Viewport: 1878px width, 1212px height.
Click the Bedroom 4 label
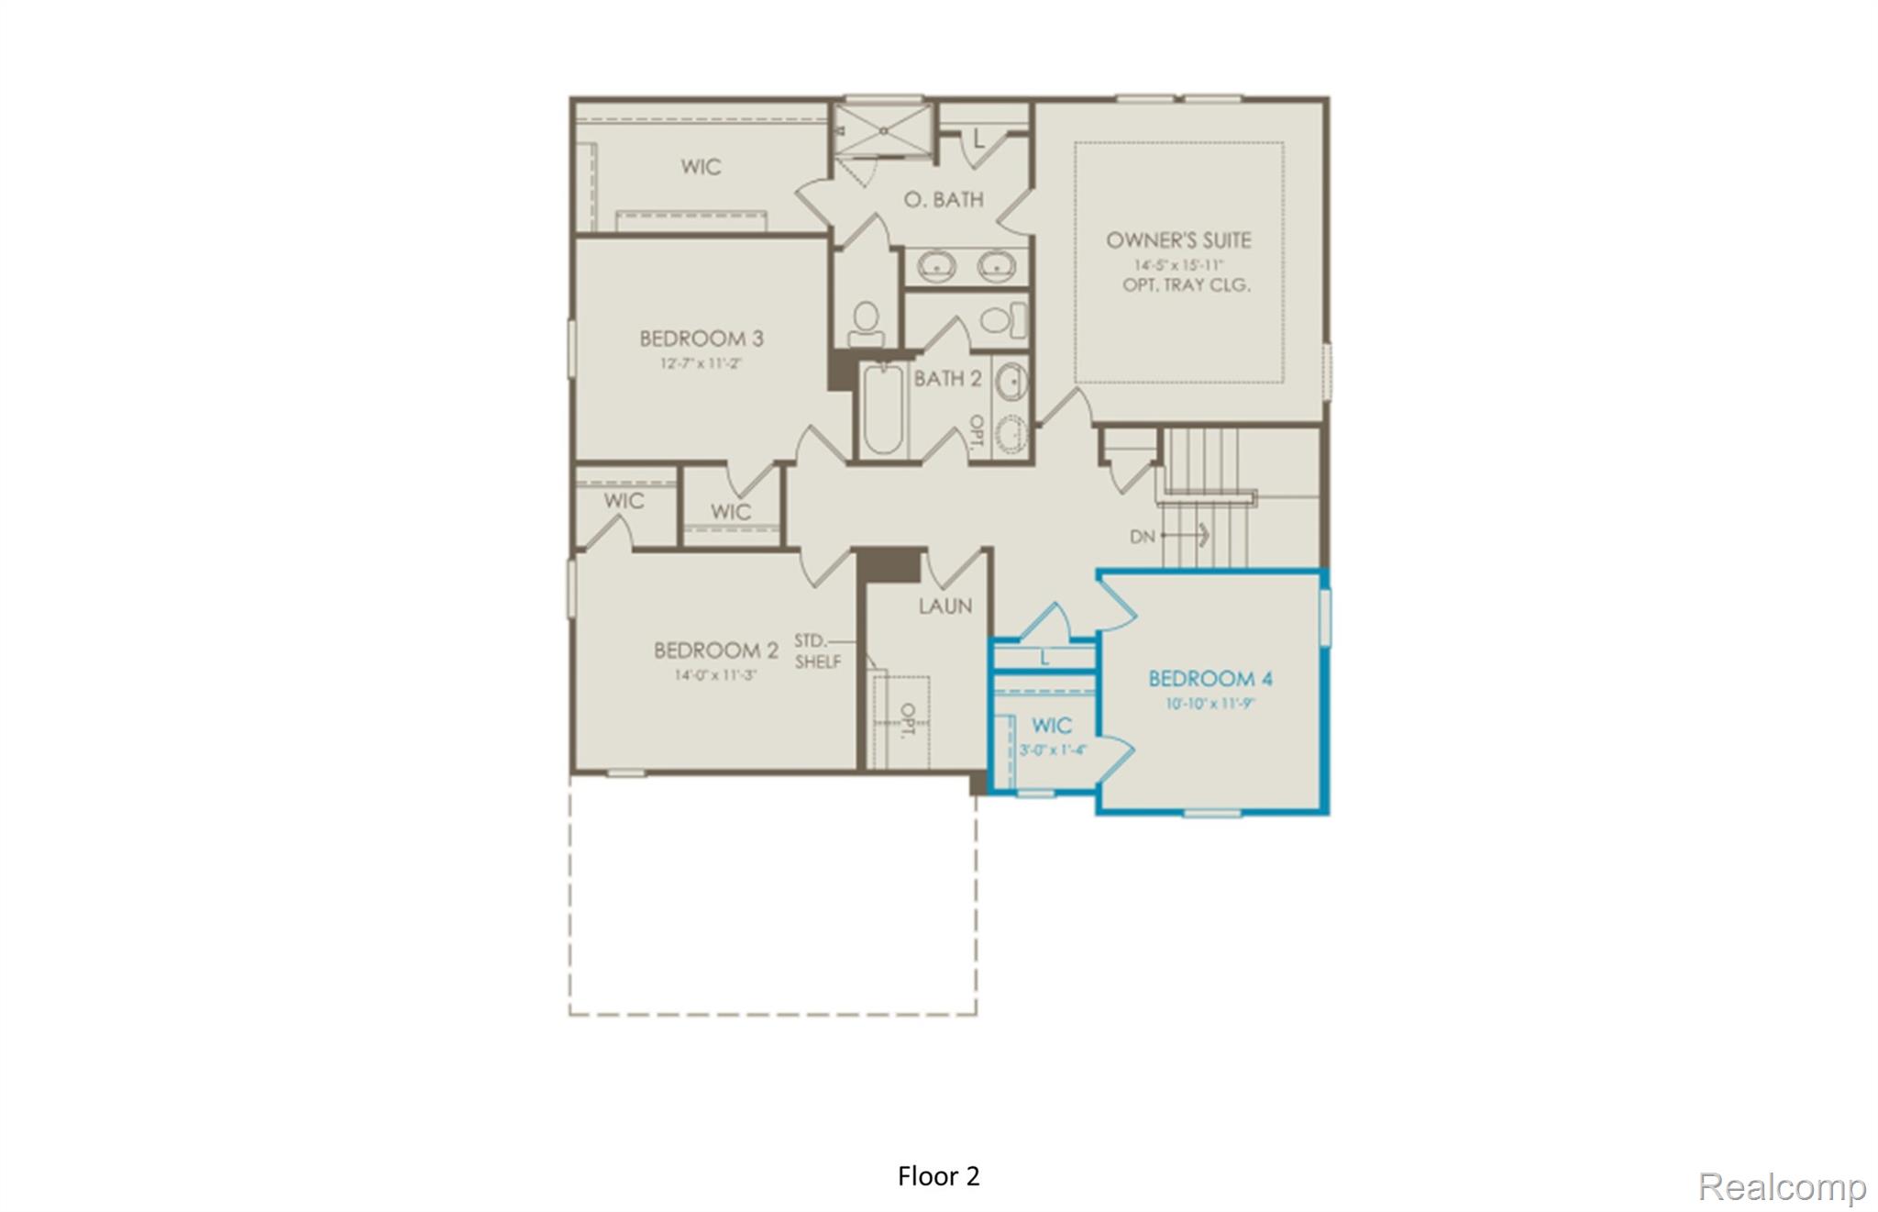pyautogui.click(x=1210, y=679)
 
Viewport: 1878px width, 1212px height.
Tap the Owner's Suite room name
pyautogui.click(x=1177, y=240)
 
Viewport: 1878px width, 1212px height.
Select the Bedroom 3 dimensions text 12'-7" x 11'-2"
pyautogui.click(x=701, y=363)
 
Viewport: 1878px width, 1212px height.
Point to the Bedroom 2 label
pyautogui.click(x=715, y=650)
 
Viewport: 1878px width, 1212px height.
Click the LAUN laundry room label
pyautogui.click(x=945, y=606)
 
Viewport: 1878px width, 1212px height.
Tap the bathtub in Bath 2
pyautogui.click(x=883, y=409)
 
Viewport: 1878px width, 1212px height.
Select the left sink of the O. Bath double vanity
pyautogui.click(x=936, y=267)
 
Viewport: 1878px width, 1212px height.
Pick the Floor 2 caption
pyautogui.click(x=938, y=1176)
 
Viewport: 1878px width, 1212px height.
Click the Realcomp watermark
pyautogui.click(x=1781, y=1186)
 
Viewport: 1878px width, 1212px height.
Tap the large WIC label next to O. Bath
pyautogui.click(x=701, y=167)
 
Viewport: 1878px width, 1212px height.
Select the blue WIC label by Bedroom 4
pyautogui.click(x=1051, y=726)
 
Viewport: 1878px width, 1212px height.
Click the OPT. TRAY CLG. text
pyautogui.click(x=1186, y=285)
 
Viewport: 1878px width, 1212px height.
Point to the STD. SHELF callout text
pyautogui.click(x=816, y=650)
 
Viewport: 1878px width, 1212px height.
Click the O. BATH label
pyautogui.click(x=943, y=199)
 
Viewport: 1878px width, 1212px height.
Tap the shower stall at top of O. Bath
pyautogui.click(x=883, y=130)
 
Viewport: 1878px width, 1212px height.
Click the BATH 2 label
pyautogui.click(x=947, y=378)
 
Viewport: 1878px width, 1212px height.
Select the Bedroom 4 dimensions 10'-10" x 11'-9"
pyautogui.click(x=1210, y=705)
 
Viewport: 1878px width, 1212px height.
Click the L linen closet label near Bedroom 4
pyautogui.click(x=1044, y=658)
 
